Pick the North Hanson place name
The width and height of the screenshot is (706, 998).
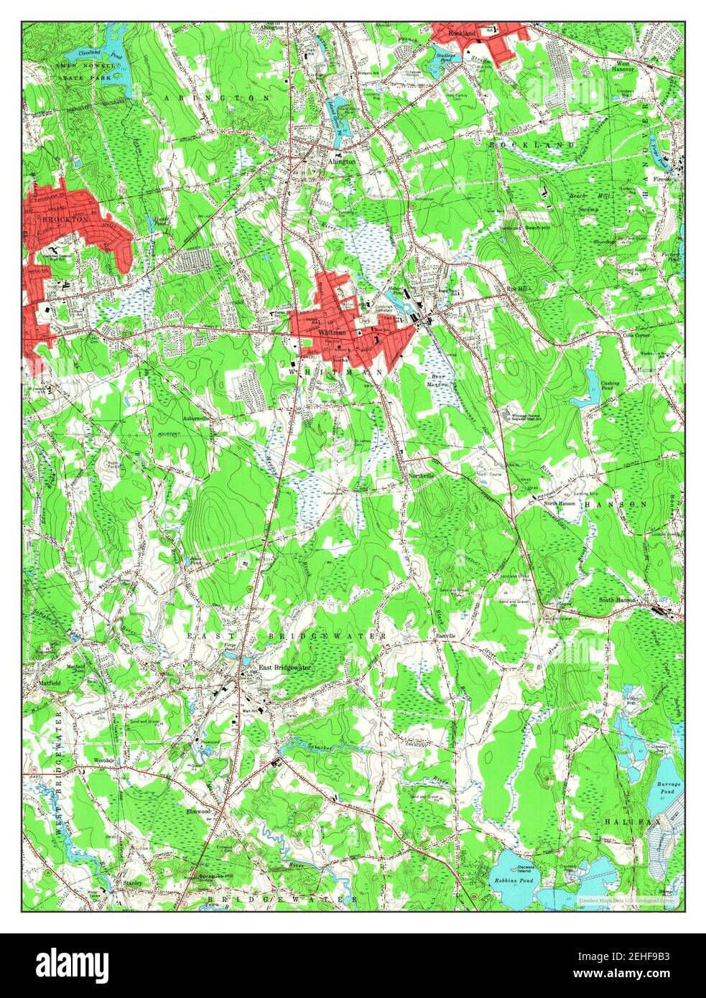(560, 503)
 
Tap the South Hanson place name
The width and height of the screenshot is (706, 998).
(618, 600)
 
